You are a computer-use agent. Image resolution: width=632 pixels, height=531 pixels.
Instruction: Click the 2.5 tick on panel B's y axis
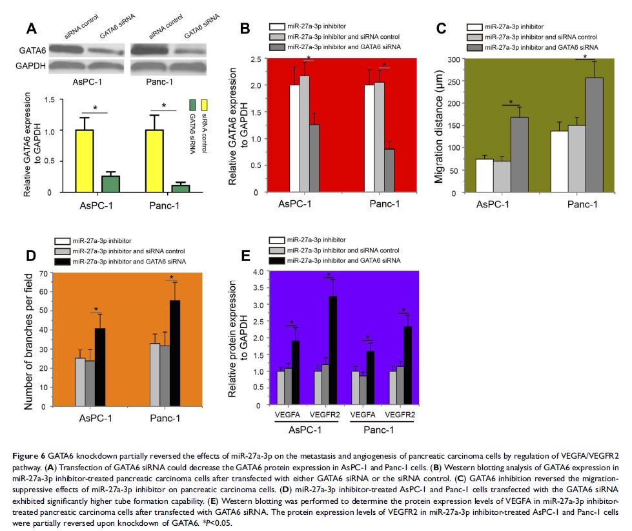tap(256, 59)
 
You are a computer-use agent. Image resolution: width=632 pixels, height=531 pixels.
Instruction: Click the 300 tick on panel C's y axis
tap(456, 59)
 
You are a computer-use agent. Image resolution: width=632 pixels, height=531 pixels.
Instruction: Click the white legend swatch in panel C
tap(476, 28)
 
